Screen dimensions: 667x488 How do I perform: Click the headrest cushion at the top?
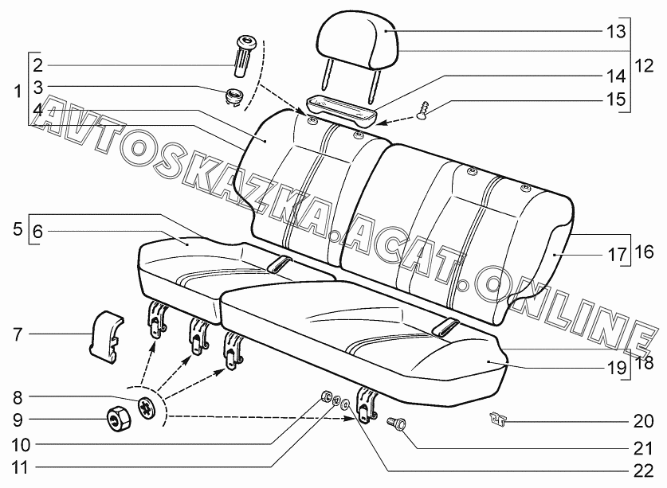(357, 41)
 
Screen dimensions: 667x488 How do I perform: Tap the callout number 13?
(616, 31)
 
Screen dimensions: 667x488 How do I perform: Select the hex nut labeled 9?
(118, 418)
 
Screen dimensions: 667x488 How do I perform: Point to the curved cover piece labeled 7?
(105, 337)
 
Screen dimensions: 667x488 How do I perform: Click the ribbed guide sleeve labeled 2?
(244, 56)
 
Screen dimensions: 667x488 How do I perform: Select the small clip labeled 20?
(498, 418)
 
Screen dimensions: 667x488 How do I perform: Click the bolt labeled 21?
(396, 424)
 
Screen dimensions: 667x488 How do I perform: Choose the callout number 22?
(643, 471)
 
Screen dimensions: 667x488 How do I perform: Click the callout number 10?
(21, 445)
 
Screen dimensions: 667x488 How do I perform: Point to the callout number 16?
(644, 252)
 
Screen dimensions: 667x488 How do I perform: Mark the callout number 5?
(18, 229)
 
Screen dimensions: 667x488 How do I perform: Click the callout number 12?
(644, 66)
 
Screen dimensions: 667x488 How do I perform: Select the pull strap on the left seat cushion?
(280, 264)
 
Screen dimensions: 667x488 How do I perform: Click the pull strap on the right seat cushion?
(445, 326)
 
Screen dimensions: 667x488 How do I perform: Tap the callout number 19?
(616, 367)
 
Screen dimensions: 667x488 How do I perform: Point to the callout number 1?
(18, 91)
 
